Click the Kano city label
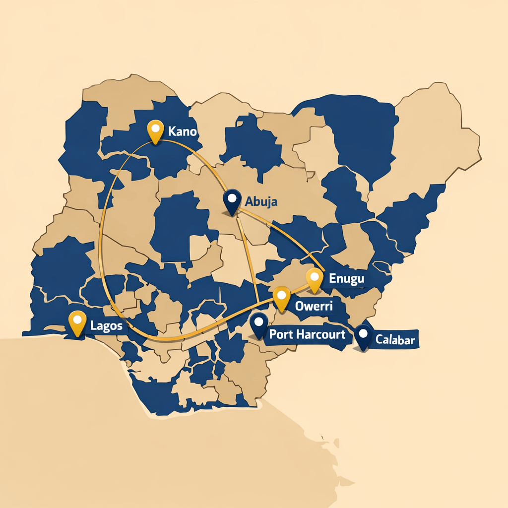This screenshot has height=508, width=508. (182, 132)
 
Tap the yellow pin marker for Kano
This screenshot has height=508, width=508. (156, 131)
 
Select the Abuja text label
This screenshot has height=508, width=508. (261, 202)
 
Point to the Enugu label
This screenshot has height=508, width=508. (346, 278)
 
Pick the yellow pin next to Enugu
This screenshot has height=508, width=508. (315, 279)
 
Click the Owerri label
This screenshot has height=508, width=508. (313, 306)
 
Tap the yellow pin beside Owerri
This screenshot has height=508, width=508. (281, 299)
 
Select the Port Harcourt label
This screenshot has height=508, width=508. (307, 334)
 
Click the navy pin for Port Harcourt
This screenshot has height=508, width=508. (258, 325)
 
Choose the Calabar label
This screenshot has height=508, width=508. (395, 340)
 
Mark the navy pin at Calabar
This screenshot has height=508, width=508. (364, 337)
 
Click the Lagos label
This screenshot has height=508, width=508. (107, 326)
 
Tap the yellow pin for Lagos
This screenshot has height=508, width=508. (77, 323)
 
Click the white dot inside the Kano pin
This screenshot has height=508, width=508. (156, 128)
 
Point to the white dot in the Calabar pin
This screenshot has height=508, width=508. (364, 333)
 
